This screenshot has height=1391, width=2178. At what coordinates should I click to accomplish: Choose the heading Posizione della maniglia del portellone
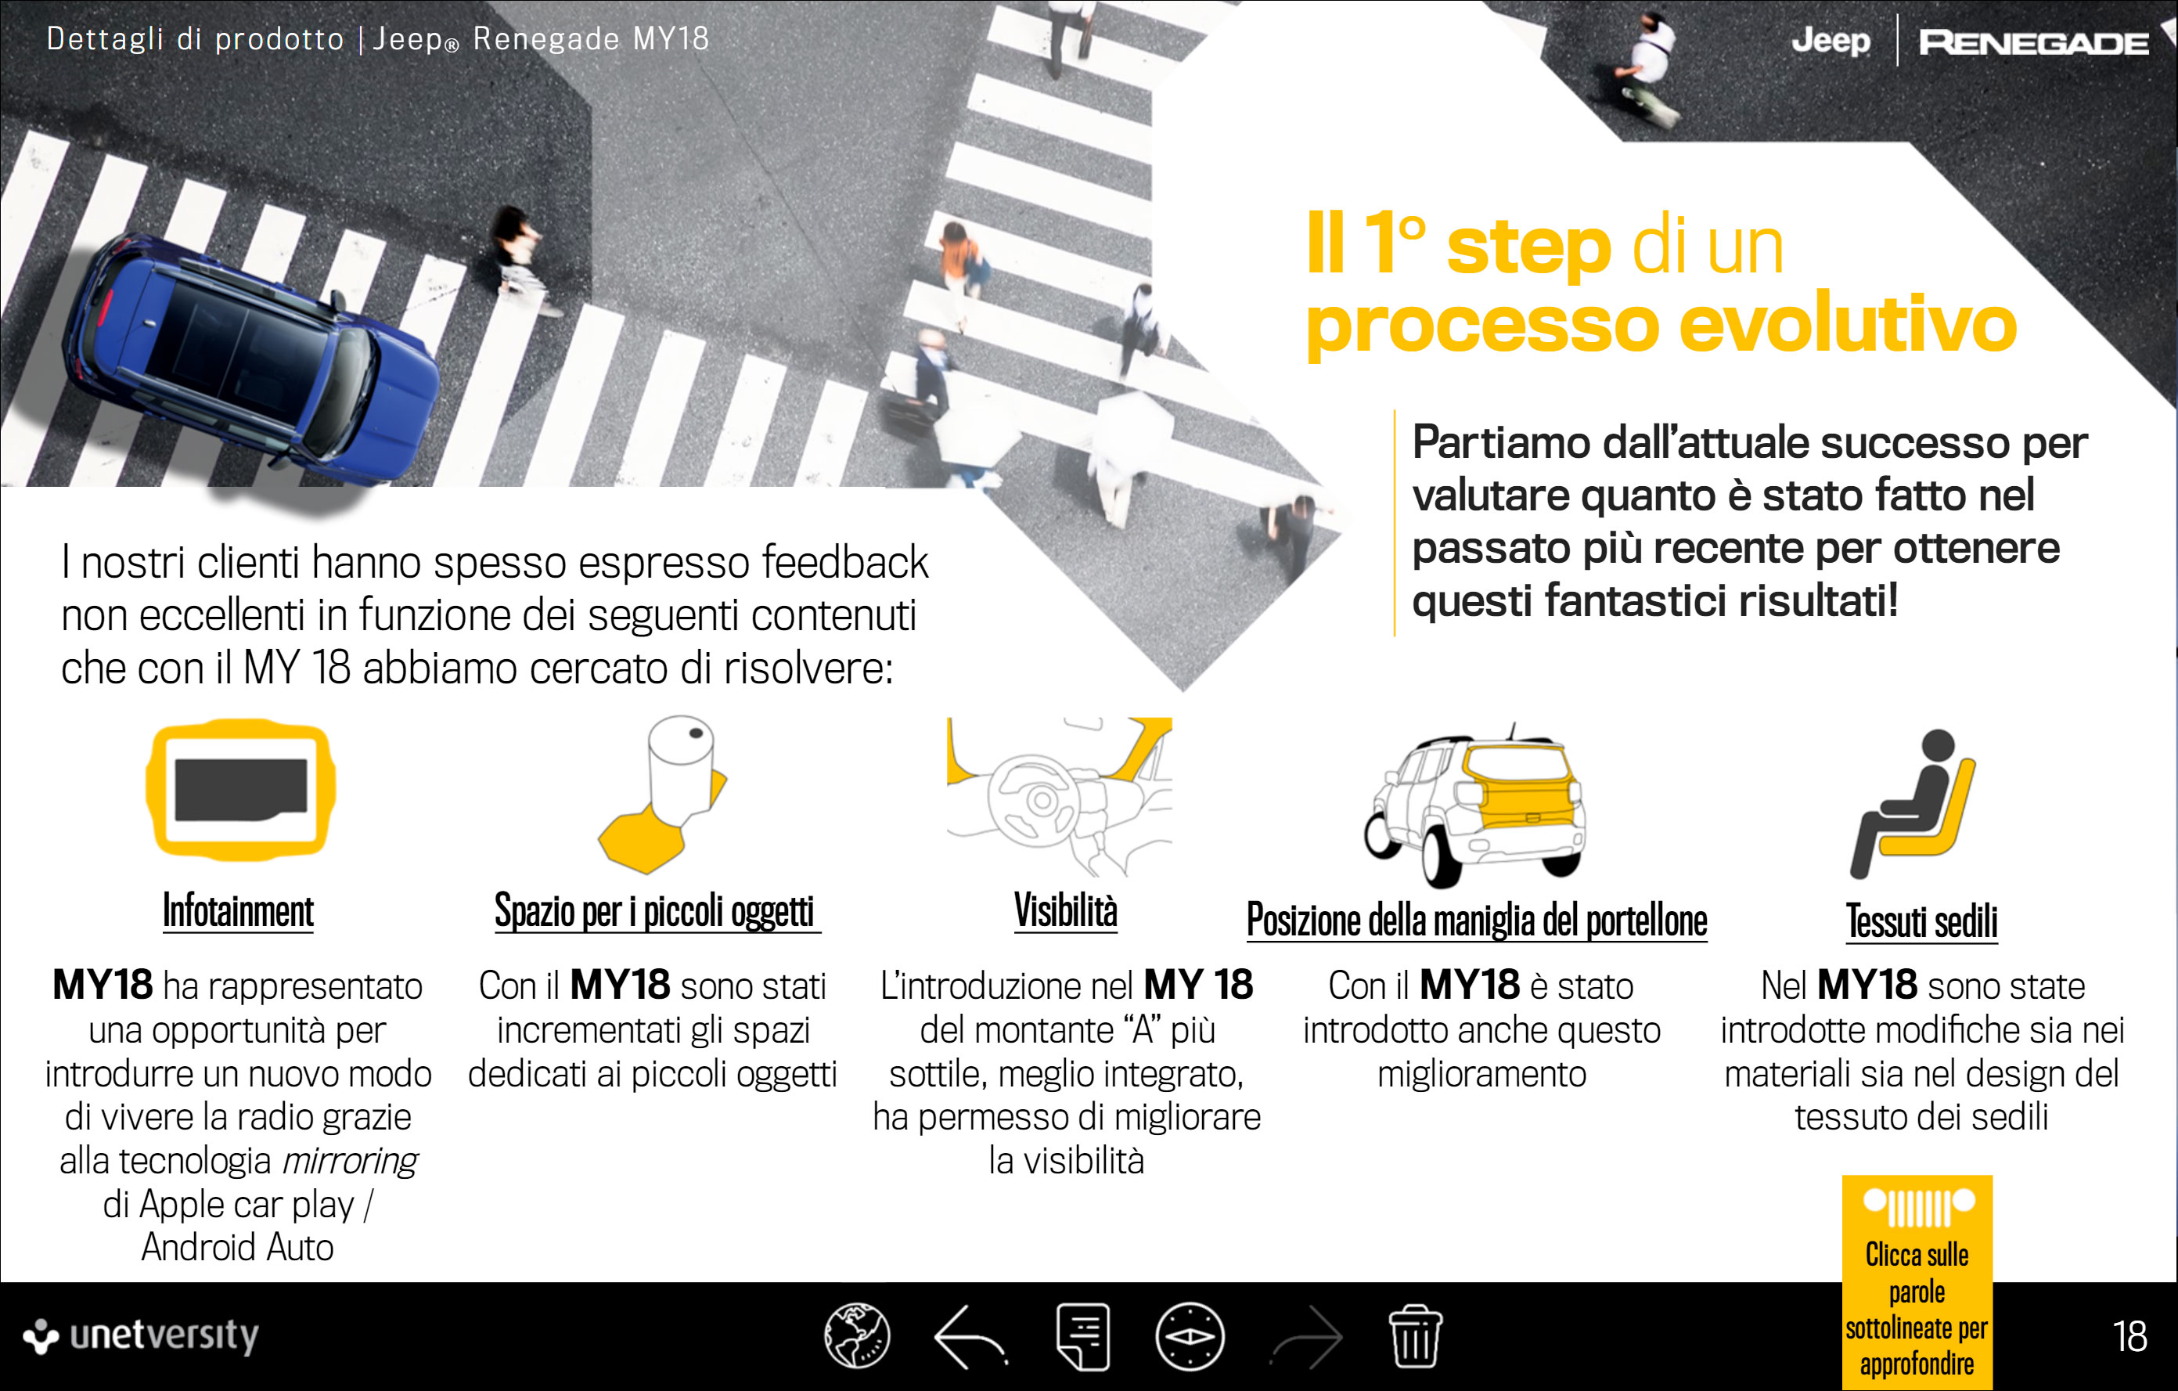1477,921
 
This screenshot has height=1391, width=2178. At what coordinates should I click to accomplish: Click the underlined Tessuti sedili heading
1921,921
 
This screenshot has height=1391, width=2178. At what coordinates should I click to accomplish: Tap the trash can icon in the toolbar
1416,1336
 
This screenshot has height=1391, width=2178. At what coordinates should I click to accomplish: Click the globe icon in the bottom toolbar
856,1336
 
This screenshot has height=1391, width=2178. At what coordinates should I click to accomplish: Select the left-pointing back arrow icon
970,1337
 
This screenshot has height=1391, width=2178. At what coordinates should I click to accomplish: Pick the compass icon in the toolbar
1190,1336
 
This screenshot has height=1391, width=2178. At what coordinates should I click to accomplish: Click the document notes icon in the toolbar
1082,1337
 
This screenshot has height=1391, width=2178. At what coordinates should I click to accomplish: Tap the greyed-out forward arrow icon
1307,1337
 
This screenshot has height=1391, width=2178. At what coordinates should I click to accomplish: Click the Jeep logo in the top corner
1831,41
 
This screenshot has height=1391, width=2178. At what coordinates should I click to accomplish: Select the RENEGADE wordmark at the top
2033,42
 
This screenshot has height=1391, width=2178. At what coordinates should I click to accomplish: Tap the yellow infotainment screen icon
240,790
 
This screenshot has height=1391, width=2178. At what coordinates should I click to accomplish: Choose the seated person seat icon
1913,804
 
